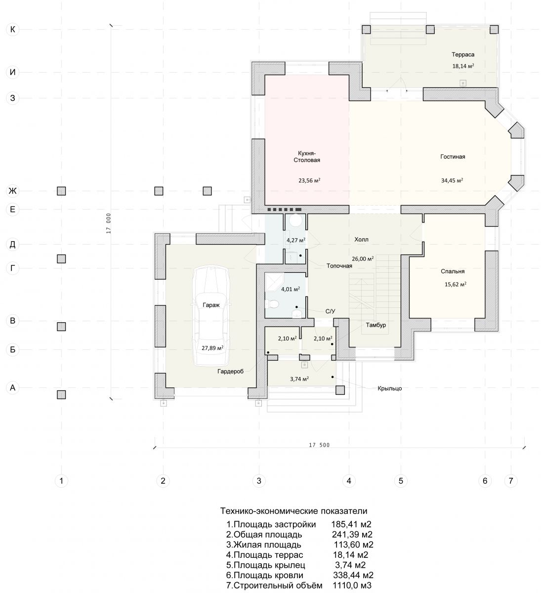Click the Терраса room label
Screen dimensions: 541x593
point(462,54)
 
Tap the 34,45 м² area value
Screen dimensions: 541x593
point(452,180)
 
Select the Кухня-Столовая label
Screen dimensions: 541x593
point(306,157)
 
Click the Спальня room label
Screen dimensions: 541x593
point(452,271)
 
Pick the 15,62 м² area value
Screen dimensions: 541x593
point(455,284)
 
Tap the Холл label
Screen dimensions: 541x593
point(361,240)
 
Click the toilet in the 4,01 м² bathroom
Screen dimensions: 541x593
point(272,303)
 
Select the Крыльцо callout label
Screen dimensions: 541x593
point(389,388)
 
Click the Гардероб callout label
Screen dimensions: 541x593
point(230,371)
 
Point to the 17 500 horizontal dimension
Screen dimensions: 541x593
point(319,445)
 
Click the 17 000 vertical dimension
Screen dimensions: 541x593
point(109,223)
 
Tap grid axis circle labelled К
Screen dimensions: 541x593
point(12,30)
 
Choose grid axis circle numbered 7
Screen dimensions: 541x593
point(510,481)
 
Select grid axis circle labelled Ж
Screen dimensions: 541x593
point(12,191)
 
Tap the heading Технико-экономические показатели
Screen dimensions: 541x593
point(293,510)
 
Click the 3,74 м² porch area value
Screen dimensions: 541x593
point(299,379)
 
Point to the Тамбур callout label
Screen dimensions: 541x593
point(375,325)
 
